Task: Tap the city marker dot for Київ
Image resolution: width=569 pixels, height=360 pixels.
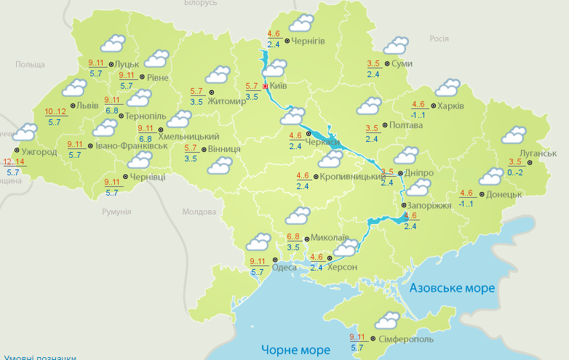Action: pos(265,86)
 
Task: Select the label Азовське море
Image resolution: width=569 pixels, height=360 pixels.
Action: pos(452,288)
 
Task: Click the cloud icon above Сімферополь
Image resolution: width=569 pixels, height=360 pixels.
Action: pos(386,319)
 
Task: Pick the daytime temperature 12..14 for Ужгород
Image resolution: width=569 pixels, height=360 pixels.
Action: pos(15,161)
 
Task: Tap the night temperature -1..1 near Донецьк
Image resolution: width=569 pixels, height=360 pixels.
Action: pos(466,204)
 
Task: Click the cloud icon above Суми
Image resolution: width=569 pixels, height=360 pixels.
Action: pos(393,45)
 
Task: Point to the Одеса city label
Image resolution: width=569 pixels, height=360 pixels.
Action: pos(284,268)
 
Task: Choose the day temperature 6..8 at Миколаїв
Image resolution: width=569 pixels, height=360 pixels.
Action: pos(294,237)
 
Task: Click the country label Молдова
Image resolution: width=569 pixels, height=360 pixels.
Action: pos(199,212)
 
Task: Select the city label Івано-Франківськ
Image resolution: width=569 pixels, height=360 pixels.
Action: pos(132,145)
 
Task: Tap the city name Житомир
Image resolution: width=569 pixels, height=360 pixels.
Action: pos(227,100)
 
